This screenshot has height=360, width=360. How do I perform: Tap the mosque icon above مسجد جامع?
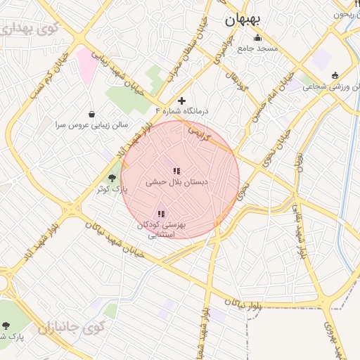[257, 38]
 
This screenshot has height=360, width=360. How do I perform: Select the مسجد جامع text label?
[257, 49]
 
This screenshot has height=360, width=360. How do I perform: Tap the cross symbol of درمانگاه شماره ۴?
[183, 101]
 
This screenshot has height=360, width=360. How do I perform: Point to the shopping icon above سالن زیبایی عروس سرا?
[92, 114]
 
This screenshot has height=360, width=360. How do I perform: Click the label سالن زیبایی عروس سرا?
[92, 124]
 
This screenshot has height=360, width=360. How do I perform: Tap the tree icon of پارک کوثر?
[112, 178]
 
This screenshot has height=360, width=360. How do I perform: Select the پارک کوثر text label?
[111, 188]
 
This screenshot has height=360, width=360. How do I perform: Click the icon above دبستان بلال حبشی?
[176, 170]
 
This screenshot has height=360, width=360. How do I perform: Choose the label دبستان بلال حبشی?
[176, 181]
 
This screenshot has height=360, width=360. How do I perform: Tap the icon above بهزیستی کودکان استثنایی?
[161, 214]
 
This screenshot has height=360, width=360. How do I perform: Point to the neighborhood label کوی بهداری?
[27, 30]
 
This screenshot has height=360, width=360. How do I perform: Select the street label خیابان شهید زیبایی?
[122, 73]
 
